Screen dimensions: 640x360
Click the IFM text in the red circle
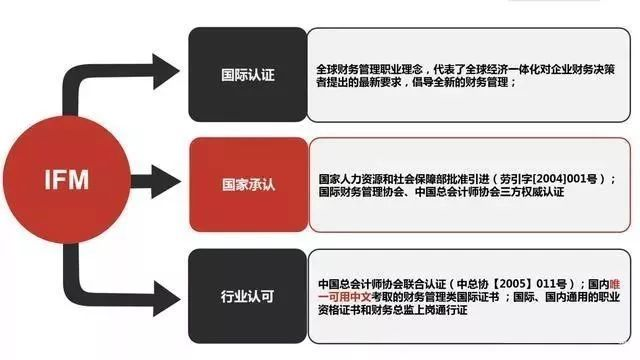click(x=67, y=180)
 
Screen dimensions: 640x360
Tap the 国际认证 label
click(x=248, y=75)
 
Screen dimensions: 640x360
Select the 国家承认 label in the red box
click(x=249, y=184)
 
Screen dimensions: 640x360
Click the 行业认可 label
click(x=247, y=296)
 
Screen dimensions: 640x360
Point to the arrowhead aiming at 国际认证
click(x=166, y=71)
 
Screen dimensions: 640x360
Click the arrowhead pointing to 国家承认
click(x=166, y=182)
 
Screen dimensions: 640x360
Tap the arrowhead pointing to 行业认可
click(x=167, y=298)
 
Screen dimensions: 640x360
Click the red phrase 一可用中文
click(x=345, y=297)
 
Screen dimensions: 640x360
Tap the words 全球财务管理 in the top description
click(x=348, y=69)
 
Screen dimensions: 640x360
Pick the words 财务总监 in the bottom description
click(x=393, y=310)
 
